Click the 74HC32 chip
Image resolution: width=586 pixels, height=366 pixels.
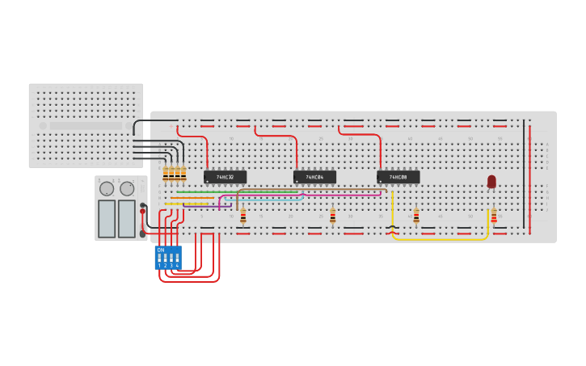225,177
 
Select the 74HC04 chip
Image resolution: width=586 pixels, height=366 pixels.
314,177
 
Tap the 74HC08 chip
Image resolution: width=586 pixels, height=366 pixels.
398,177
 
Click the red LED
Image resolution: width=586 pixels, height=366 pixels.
491,181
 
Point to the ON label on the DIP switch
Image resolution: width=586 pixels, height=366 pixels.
160,250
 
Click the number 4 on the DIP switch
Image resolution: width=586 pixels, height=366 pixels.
177,265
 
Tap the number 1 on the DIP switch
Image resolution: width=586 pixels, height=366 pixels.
159,265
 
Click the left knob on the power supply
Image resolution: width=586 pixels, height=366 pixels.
107,189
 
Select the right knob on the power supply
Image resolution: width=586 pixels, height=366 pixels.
127,189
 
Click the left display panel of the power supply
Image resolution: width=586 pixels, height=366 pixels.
107,218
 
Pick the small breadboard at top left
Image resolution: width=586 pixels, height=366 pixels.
85,125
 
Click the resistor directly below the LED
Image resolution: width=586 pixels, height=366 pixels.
494,216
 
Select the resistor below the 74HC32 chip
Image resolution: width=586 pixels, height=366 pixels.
242,215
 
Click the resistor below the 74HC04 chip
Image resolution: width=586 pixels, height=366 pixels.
332,215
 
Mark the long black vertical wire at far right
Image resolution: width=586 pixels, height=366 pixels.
524,174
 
